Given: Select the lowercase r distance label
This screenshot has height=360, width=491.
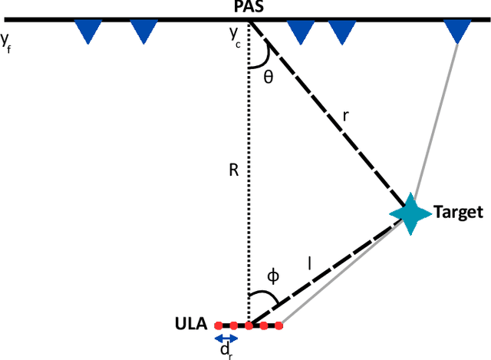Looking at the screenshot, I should tap(346, 115).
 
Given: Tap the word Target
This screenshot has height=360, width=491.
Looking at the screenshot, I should tap(459, 212).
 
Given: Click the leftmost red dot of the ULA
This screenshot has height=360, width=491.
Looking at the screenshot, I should tap(218, 325).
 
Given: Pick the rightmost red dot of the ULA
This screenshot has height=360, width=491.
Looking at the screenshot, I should tap(279, 325).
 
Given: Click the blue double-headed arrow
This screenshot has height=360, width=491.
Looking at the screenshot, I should tap(226, 339).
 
